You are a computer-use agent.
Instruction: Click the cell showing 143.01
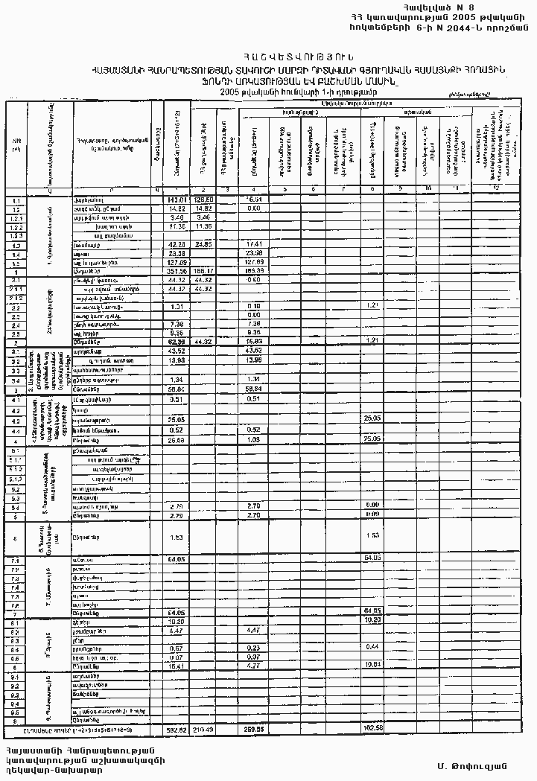coord(177,200)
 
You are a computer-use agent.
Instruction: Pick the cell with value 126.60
coord(203,200)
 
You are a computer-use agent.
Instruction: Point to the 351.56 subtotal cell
coord(177,271)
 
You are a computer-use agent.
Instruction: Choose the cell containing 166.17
coord(203,271)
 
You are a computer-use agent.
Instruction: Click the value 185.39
coord(254,271)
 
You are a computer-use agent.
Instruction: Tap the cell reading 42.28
coord(177,244)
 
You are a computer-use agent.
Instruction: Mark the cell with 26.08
coord(177,439)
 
